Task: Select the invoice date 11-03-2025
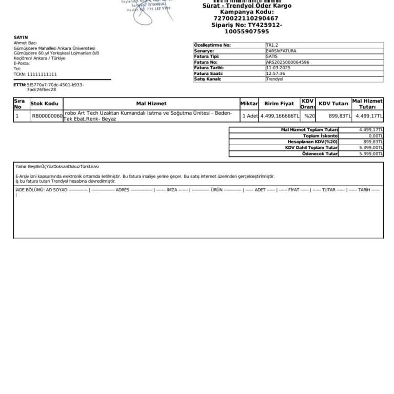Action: [x=278, y=68]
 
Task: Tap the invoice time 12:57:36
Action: [x=275, y=73]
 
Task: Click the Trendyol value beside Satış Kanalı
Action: [x=274, y=79]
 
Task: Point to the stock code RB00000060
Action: [x=47, y=116]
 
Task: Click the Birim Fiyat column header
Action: [x=279, y=104]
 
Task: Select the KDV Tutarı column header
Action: [x=333, y=104]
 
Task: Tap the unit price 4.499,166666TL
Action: [x=280, y=116]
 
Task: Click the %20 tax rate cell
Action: [x=309, y=116]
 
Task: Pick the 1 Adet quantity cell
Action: [x=250, y=116]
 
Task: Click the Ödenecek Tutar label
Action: [x=320, y=153]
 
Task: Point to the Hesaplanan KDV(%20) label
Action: [x=312, y=142]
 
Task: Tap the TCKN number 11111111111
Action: [x=42, y=74]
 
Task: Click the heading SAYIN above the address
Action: [x=21, y=37]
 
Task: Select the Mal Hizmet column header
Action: [x=151, y=104]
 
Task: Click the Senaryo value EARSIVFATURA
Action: [x=281, y=51]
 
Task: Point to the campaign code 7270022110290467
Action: [x=246, y=18]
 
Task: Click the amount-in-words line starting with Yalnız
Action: [x=57, y=167]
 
